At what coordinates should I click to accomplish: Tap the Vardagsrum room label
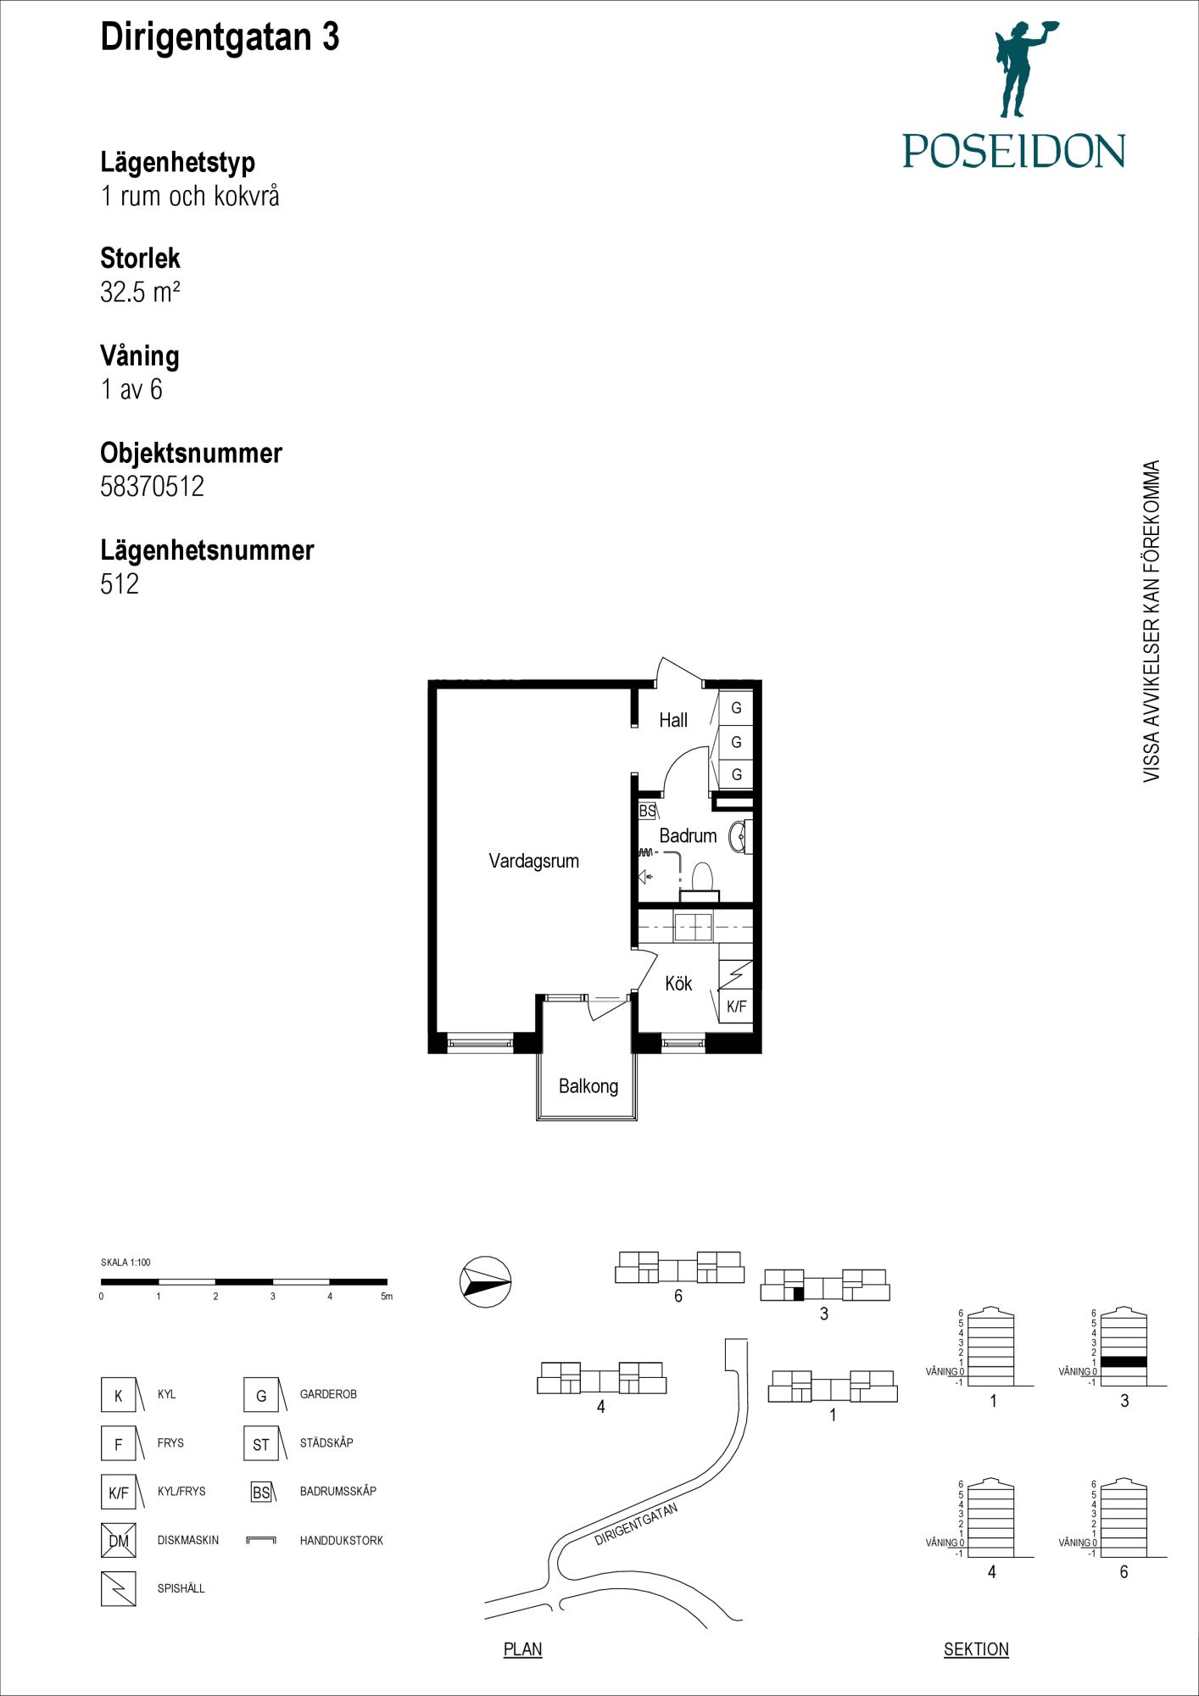click(533, 861)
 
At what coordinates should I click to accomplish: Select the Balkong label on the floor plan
click(588, 1086)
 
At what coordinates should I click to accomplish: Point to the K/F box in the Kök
click(736, 1007)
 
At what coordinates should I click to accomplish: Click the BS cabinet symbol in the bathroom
click(647, 811)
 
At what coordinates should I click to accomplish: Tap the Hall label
click(673, 720)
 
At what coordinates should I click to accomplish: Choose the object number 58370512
click(152, 487)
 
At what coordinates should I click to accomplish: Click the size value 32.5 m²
click(140, 293)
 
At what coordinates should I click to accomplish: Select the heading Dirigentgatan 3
click(220, 37)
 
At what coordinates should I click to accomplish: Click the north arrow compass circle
click(485, 1281)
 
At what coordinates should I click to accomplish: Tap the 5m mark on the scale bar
click(387, 1297)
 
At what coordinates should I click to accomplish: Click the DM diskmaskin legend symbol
click(118, 1540)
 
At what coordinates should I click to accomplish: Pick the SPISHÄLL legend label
click(181, 1588)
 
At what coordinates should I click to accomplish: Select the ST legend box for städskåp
click(261, 1444)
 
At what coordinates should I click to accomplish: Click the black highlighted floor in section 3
click(1124, 1362)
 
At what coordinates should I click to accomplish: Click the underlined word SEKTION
click(976, 1649)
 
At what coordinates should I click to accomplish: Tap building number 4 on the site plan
click(600, 1407)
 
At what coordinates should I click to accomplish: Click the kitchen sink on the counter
click(693, 927)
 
